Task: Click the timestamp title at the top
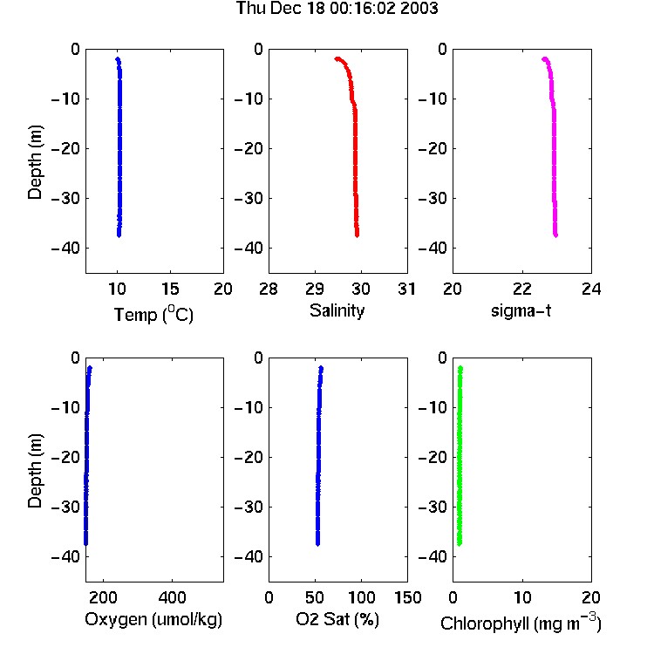point(337,8)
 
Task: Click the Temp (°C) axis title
point(153,314)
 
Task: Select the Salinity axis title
point(337,310)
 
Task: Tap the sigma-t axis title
point(521,310)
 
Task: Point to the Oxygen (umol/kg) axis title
point(153,620)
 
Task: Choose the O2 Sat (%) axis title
point(337,619)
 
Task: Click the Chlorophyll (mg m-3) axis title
point(521,623)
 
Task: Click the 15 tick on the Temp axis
point(170,289)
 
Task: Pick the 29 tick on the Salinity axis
point(315,289)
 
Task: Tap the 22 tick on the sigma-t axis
point(522,289)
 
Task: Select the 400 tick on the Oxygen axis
point(172,597)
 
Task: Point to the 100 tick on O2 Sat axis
point(361,597)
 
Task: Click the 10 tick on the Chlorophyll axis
point(522,597)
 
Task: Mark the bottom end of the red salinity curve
point(357,235)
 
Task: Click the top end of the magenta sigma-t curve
point(544,59)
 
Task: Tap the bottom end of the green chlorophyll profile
point(460,543)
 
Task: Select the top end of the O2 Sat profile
point(321,368)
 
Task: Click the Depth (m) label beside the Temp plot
point(35,162)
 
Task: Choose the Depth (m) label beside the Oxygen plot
point(35,471)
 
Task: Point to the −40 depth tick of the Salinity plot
point(249,249)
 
